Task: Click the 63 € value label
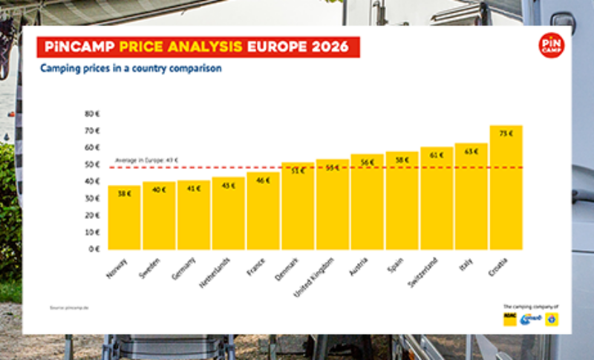click(471, 151)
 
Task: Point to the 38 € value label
click(124, 194)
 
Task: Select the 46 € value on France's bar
click(263, 180)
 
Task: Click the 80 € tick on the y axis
click(93, 114)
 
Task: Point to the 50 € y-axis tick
click(93, 165)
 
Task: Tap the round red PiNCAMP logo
click(551, 46)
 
